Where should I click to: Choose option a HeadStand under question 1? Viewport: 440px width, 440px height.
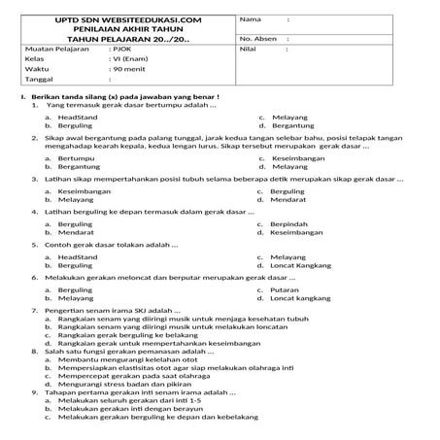78,117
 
